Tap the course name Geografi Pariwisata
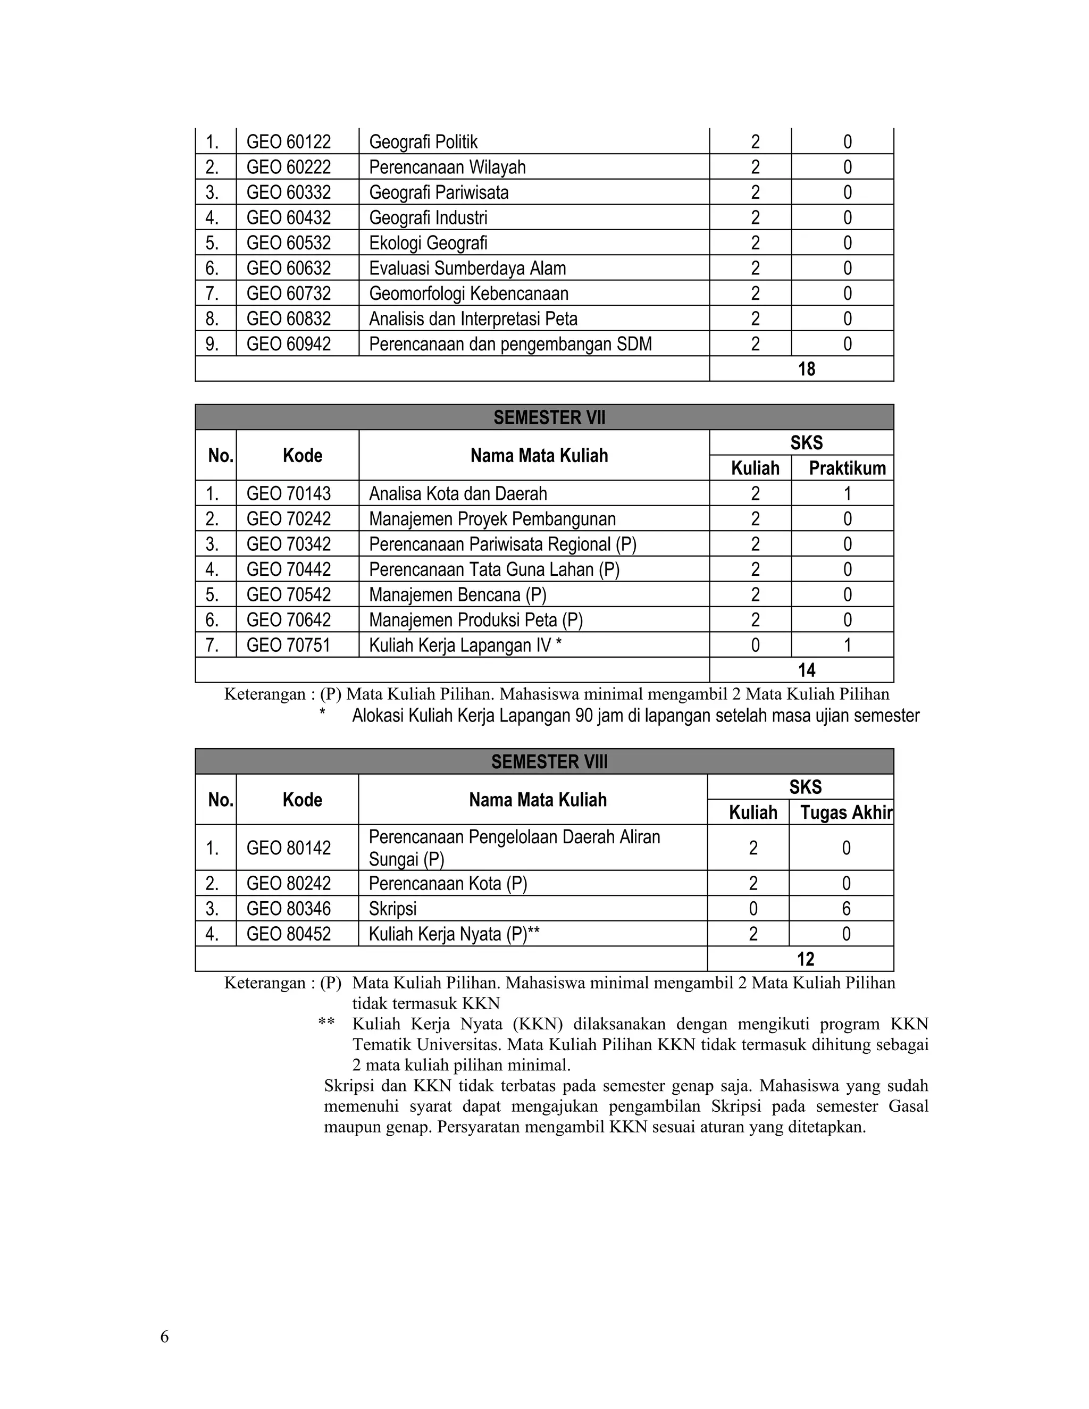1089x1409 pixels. click(x=439, y=192)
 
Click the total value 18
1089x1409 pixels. click(x=807, y=369)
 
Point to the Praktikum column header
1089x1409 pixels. click(x=847, y=468)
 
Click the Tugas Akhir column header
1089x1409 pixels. click(x=846, y=812)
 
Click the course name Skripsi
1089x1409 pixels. click(x=392, y=908)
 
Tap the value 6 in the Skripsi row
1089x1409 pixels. click(x=846, y=908)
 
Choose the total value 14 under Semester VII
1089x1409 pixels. click(x=807, y=670)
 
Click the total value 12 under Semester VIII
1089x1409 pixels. click(x=806, y=959)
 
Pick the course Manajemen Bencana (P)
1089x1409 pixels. click(x=457, y=595)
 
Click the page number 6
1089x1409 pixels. click(x=164, y=1337)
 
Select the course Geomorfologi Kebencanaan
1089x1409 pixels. click(x=468, y=293)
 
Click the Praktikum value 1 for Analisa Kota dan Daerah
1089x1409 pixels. click(x=847, y=493)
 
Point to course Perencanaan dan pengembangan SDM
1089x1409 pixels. click(x=510, y=344)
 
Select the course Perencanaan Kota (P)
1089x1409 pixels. click(x=448, y=883)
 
